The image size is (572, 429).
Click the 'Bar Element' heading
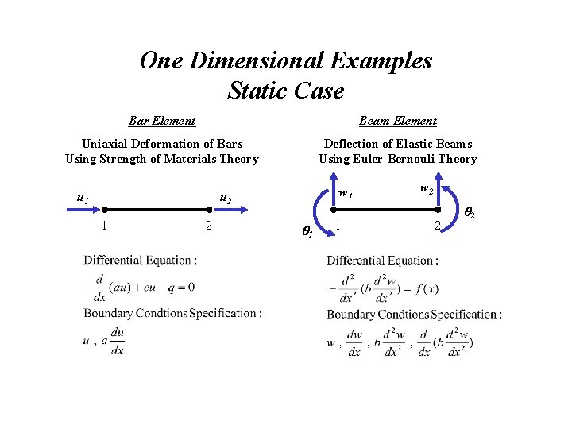point(162,121)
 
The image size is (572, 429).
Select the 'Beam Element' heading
point(397,121)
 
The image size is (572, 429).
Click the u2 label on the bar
point(225,199)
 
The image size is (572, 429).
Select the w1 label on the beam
point(345,194)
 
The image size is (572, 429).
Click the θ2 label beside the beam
point(470,213)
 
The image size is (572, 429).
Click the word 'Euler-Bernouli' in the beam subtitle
point(408,159)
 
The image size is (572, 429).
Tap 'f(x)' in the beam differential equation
point(420,288)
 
